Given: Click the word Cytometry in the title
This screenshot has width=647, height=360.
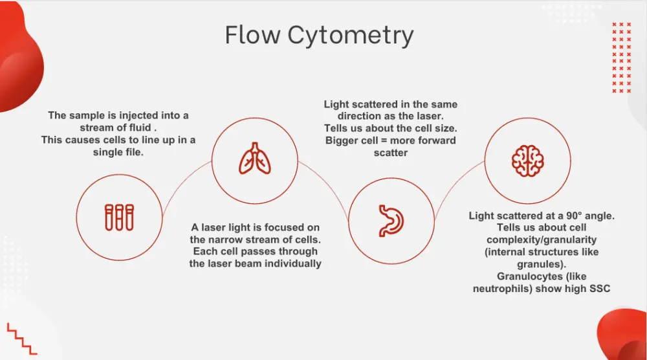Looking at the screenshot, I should click(x=351, y=36).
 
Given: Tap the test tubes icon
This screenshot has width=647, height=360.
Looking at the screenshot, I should click(x=119, y=217).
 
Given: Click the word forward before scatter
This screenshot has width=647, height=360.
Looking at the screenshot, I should click(x=433, y=141).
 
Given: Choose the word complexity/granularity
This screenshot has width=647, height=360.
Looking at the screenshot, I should click(x=542, y=240).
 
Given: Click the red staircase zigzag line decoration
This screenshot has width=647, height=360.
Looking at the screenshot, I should click(x=21, y=337).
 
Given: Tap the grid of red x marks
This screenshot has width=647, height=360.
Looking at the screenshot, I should click(x=620, y=57).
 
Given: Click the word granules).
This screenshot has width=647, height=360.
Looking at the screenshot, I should click(x=542, y=264).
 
